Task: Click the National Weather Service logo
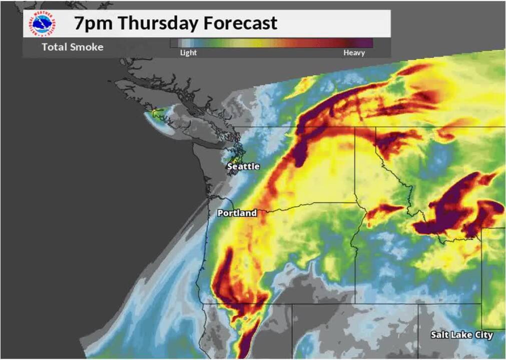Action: point(43,23)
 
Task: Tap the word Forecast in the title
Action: point(241,23)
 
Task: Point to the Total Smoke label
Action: point(73,47)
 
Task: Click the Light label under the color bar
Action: point(189,52)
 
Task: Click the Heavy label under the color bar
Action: point(354,52)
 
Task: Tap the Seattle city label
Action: point(243,166)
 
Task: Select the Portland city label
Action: point(237,213)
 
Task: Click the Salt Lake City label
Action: point(461,335)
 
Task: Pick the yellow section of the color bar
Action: point(250,43)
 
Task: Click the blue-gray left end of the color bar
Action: point(180,43)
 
